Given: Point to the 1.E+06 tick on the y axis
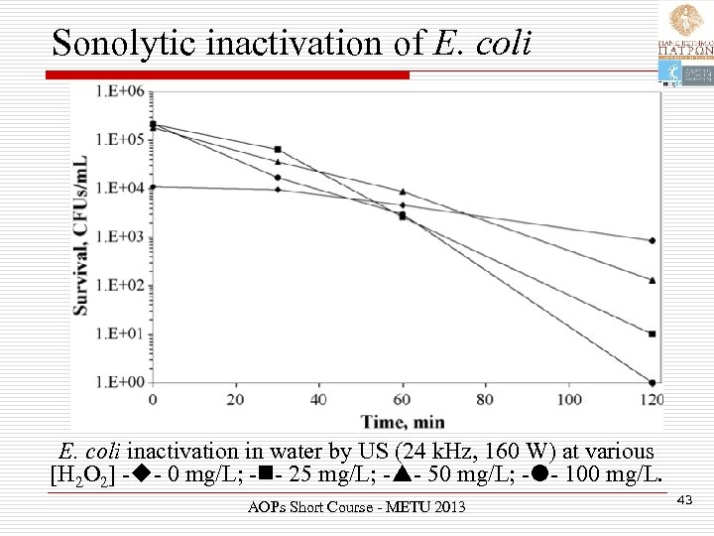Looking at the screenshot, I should click(120, 91).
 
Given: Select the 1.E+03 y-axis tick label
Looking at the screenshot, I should click(120, 236).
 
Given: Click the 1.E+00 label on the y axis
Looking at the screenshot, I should click(120, 382).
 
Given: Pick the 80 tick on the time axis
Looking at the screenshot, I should click(485, 399).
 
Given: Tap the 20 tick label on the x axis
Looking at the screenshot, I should click(235, 399).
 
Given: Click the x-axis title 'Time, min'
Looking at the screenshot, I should click(402, 419).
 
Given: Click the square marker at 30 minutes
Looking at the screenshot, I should click(278, 149).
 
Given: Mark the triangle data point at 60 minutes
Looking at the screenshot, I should click(402, 192).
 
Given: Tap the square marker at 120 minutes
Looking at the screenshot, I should click(652, 334).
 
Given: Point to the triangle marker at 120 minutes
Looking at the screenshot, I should click(652, 280).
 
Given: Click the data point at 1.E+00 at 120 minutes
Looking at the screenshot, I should click(652, 382).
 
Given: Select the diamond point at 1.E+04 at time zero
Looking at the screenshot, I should click(153, 187).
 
